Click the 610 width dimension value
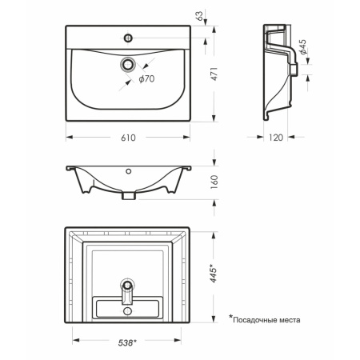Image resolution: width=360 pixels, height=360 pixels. click(x=128, y=138)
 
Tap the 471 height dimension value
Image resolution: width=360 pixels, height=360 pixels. click(x=214, y=74)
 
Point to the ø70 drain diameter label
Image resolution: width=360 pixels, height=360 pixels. click(x=146, y=79)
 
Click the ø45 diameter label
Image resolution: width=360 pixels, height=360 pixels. click(x=302, y=47)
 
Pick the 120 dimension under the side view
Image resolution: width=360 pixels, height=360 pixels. click(x=276, y=138)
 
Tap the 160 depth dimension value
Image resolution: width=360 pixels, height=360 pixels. click(x=214, y=182)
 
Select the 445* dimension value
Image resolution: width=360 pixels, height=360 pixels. click(x=214, y=274)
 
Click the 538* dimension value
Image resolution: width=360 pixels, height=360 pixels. click(x=127, y=342)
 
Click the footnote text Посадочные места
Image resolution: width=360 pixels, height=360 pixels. click(x=266, y=320)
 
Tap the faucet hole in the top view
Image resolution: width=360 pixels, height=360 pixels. click(x=128, y=38)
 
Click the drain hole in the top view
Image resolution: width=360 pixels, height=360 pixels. click(x=128, y=64)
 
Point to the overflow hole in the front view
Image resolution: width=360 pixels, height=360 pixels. click(x=129, y=171)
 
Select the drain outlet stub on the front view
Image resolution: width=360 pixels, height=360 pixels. click(x=129, y=196)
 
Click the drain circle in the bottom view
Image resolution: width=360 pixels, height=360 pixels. click(x=128, y=286)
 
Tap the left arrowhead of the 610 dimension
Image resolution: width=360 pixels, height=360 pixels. click(x=70, y=138)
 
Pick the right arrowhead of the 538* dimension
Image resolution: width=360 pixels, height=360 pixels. click(x=178, y=340)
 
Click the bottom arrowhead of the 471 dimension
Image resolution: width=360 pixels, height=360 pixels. click(x=214, y=118)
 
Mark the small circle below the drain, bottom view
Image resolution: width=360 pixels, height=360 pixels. click(x=128, y=311)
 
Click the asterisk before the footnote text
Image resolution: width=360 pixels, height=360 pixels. click(x=230, y=317)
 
